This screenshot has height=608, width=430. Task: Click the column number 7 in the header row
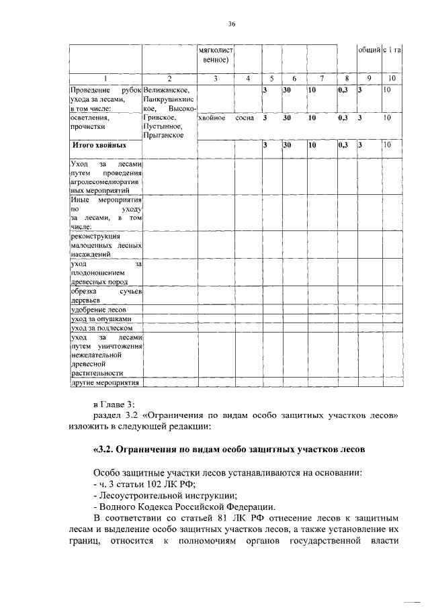click(322, 79)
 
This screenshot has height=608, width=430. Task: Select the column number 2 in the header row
click(169, 79)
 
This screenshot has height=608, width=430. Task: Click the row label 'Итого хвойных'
click(99, 144)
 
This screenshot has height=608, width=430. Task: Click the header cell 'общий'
click(368, 50)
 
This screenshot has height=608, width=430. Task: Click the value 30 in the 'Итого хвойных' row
click(287, 144)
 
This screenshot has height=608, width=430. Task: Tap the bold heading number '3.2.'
click(105, 449)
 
